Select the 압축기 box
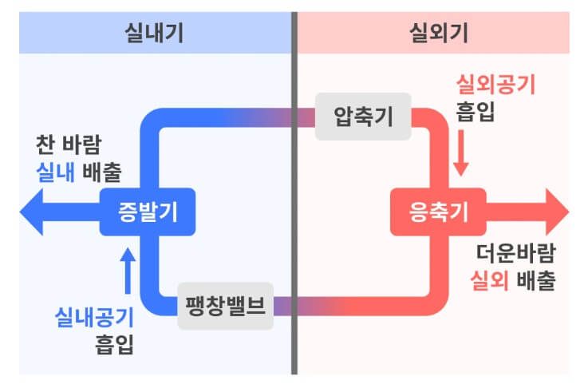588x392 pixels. coord(362,117)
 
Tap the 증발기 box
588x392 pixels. coord(148,212)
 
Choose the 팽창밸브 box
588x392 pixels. coord(225,306)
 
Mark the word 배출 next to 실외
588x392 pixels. coord(535,281)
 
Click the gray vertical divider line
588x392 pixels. coord(294,240)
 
